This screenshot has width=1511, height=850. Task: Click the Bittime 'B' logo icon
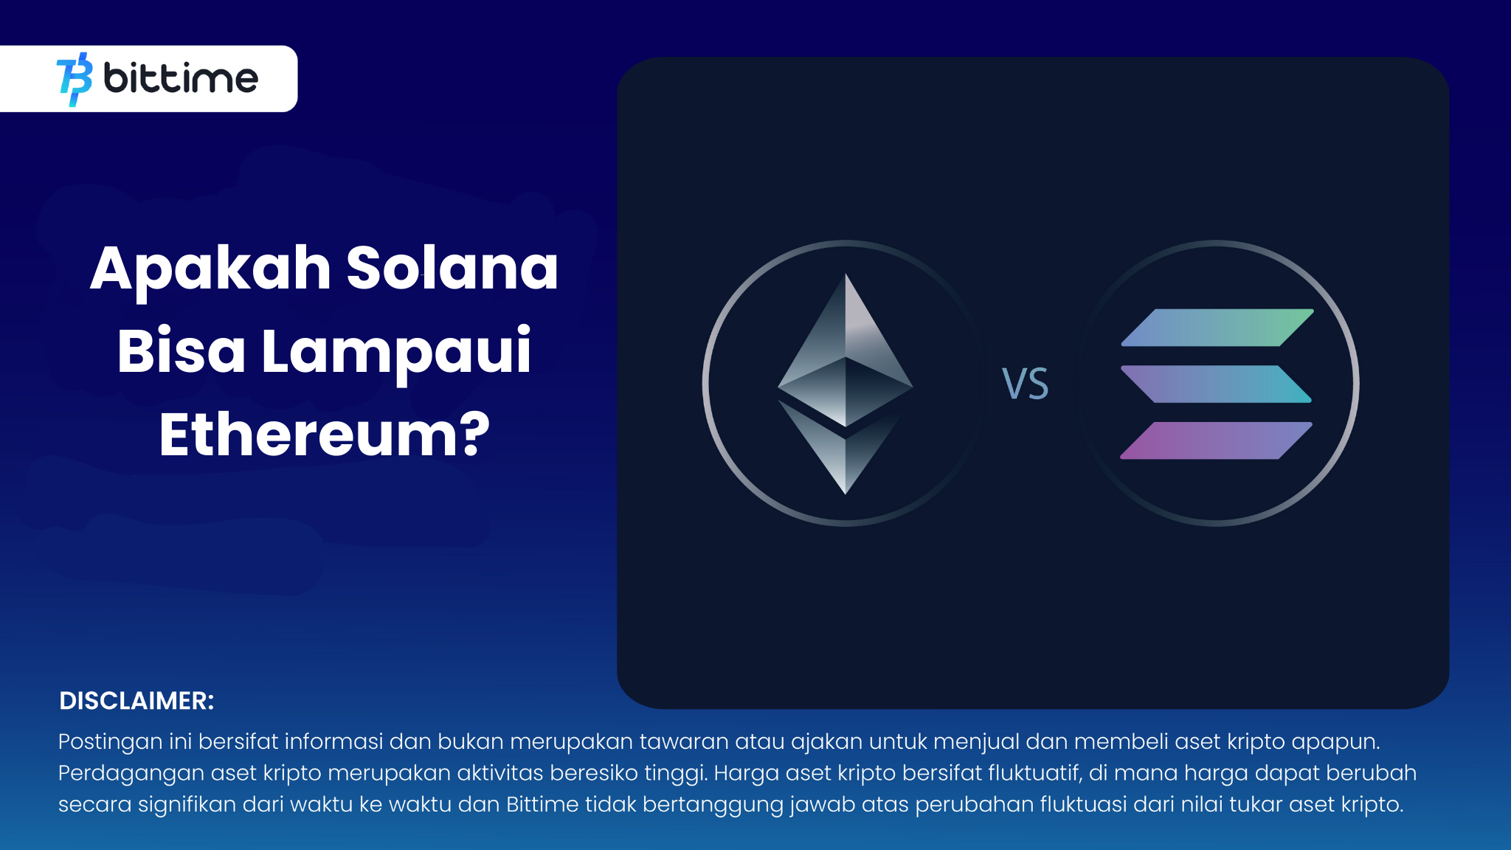(75, 79)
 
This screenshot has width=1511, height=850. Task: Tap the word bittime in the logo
(181, 78)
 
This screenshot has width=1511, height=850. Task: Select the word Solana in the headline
(452, 268)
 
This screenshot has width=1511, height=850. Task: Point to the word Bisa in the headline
(181, 351)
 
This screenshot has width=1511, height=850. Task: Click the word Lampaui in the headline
(396, 353)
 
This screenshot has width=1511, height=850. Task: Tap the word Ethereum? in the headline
(325, 435)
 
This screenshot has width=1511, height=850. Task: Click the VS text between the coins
(1025, 384)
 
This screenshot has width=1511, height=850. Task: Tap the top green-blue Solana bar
(1217, 328)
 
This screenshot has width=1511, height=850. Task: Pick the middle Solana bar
(1216, 384)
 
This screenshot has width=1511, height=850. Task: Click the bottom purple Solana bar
(1216, 440)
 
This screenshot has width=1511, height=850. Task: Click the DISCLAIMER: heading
(136, 701)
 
